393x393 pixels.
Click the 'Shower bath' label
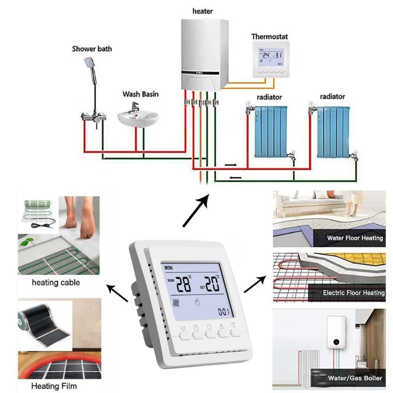(92, 49)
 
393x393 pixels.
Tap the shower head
(89, 62)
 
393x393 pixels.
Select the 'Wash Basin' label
(140, 94)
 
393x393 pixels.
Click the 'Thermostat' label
(270, 36)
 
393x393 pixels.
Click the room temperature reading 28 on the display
(184, 284)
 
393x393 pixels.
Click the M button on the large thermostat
(185, 337)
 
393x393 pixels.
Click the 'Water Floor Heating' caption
(355, 238)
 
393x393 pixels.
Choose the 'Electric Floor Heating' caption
(354, 293)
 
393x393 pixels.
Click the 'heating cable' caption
(56, 283)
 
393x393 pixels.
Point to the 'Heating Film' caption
(54, 386)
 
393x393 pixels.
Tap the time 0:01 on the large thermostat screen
(224, 311)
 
